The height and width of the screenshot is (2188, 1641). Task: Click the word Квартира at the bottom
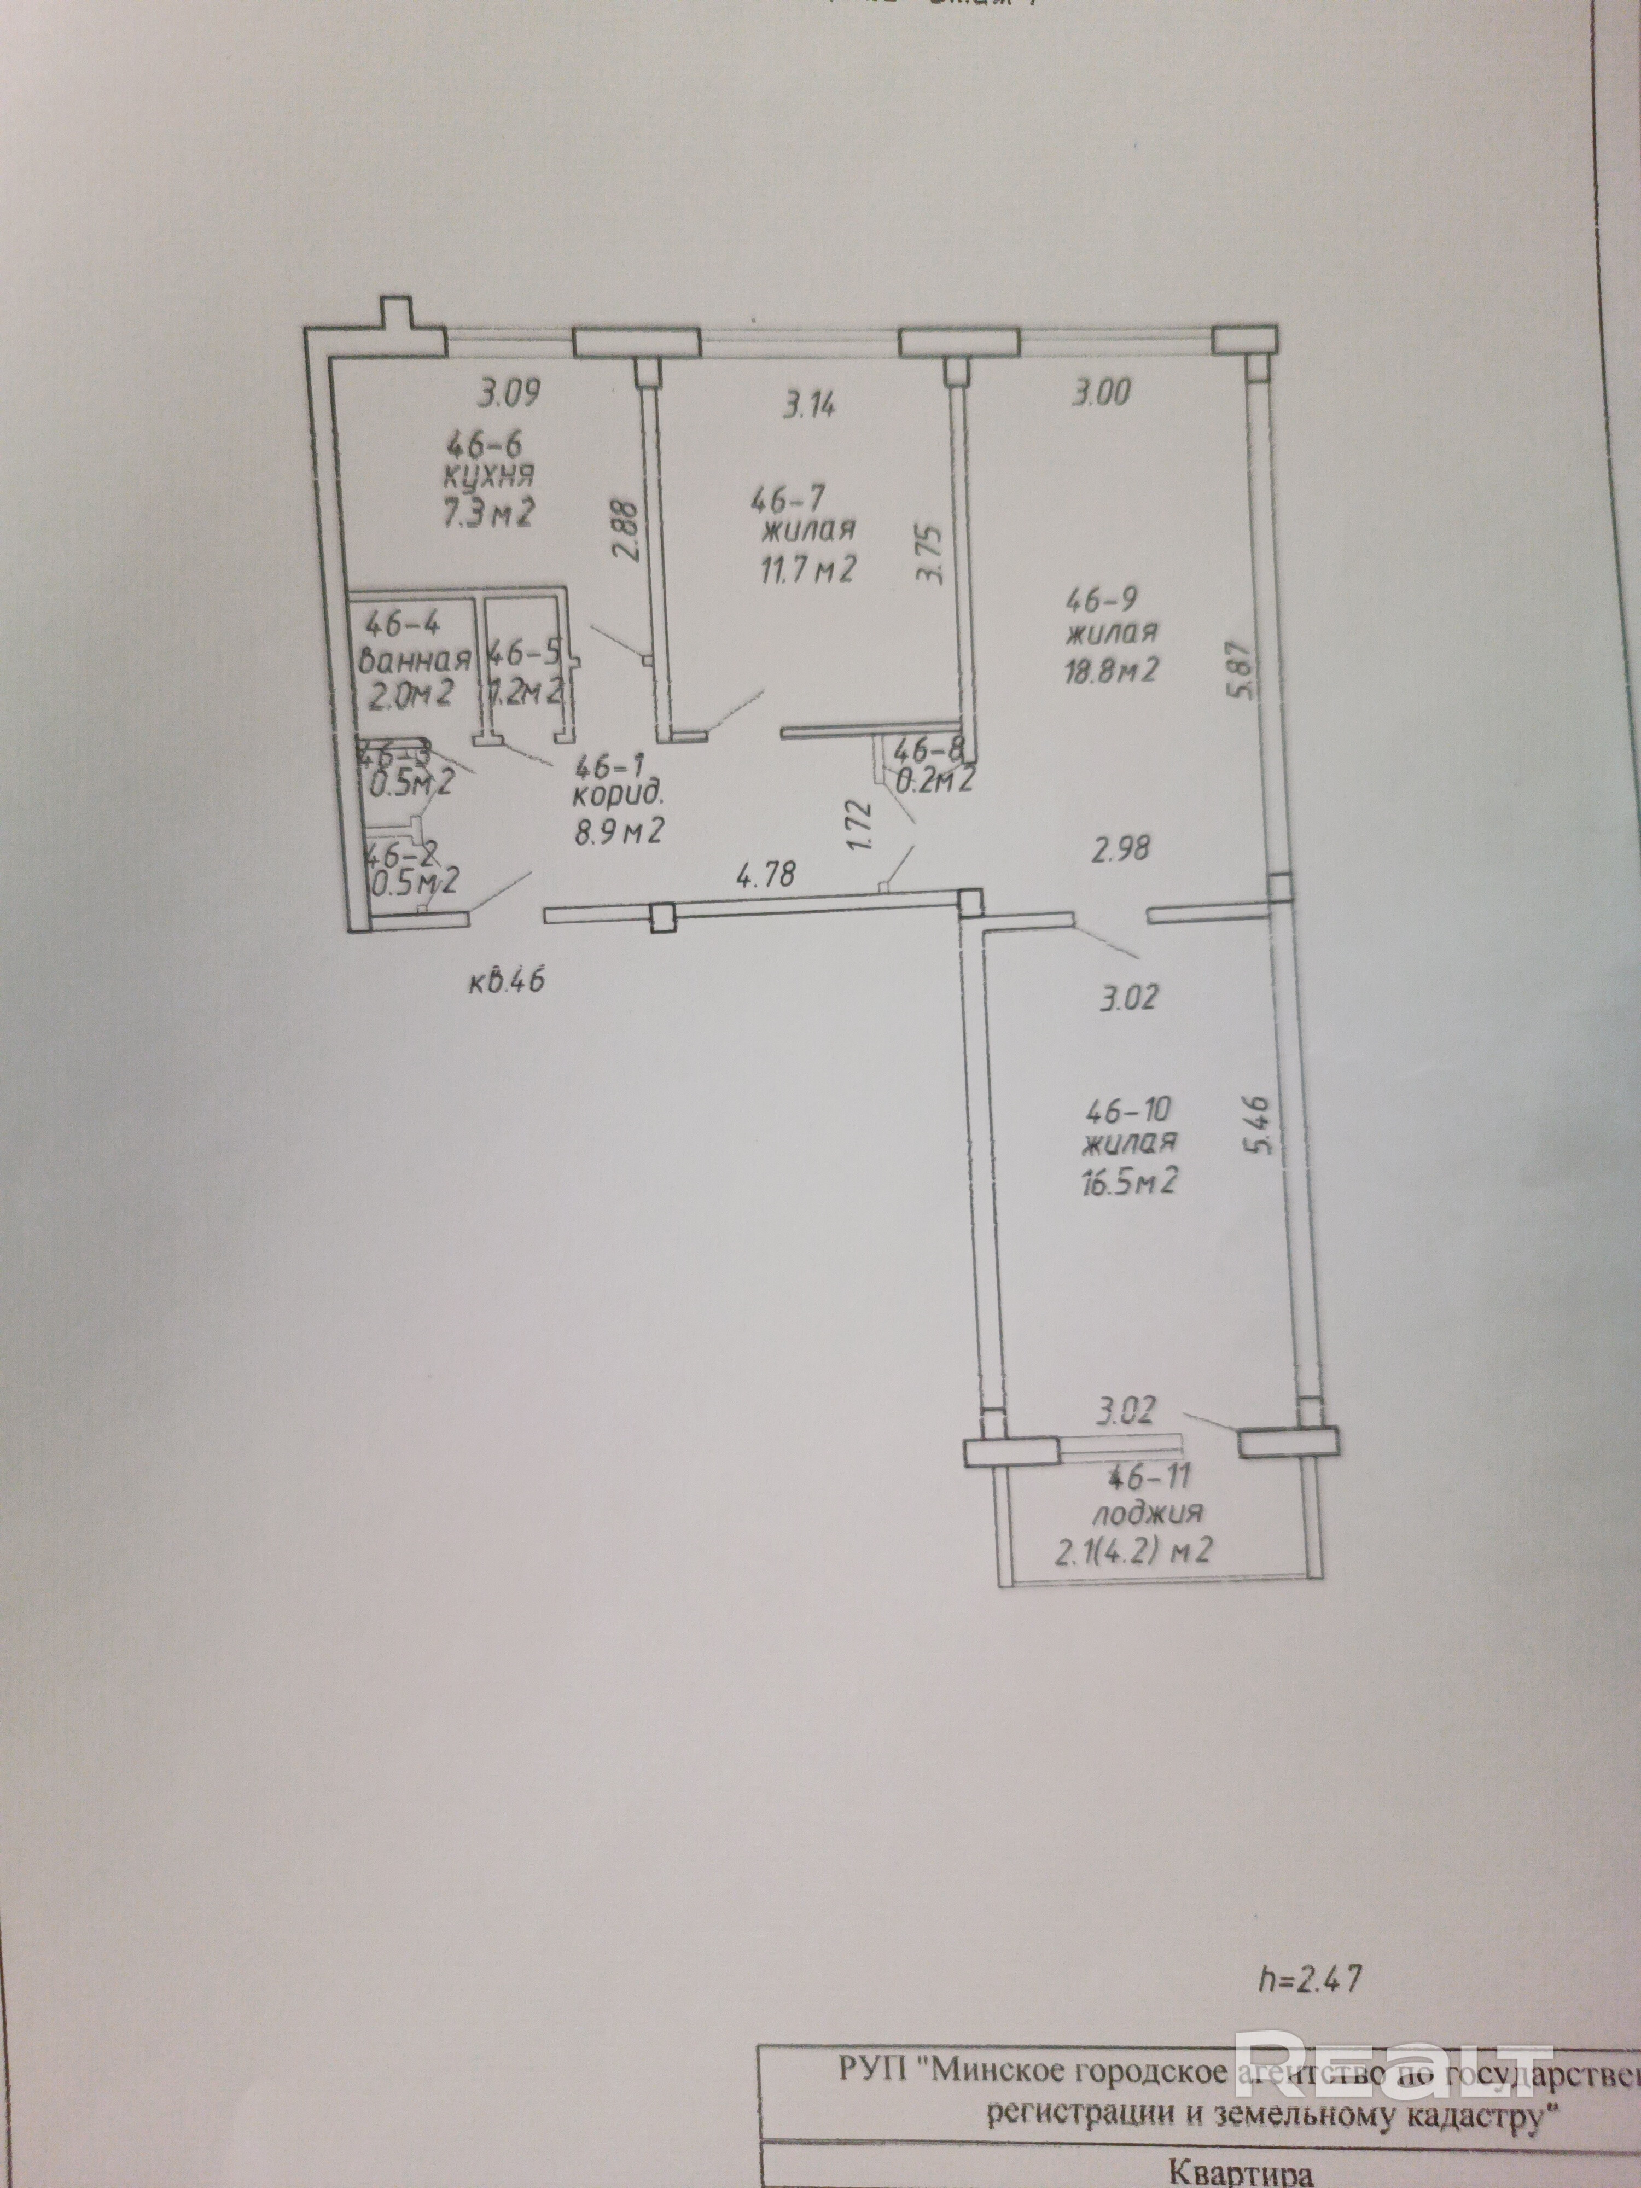pos(1241,2174)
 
